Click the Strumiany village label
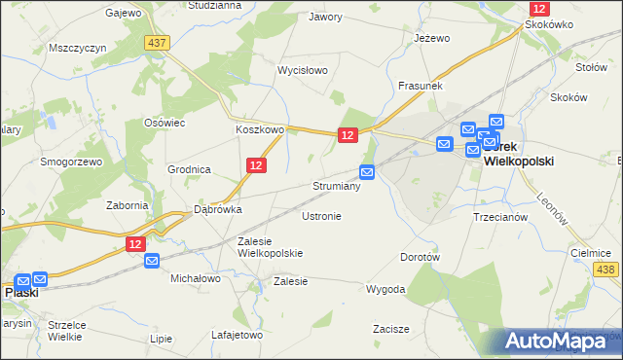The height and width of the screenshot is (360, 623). coord(337,186)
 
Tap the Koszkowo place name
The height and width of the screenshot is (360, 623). coord(259,128)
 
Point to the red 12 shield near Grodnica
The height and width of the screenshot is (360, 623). coord(256,167)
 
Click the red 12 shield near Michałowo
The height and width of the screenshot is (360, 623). coord(136,244)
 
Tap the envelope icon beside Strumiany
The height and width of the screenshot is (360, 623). coord(367,172)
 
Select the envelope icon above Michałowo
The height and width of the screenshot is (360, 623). coord(152,261)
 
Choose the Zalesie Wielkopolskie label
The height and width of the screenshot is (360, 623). coord(271,247)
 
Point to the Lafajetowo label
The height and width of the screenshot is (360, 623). coord(238,335)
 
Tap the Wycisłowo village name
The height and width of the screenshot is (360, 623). coord(303,71)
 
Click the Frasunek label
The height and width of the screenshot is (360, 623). coord(421,86)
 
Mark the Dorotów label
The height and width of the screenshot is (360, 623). coord(421,258)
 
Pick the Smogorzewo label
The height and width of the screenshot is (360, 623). coord(71,162)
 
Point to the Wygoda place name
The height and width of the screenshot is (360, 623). coord(385,289)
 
